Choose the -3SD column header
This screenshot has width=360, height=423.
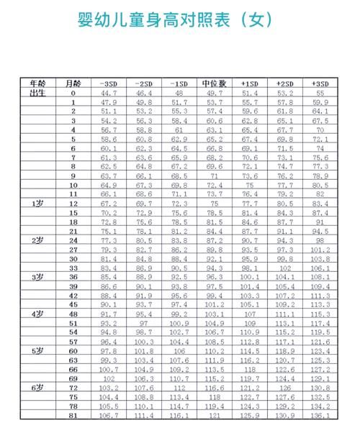click(109, 83)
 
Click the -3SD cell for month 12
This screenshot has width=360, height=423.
click(109, 204)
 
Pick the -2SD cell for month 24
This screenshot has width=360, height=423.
click(144, 240)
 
